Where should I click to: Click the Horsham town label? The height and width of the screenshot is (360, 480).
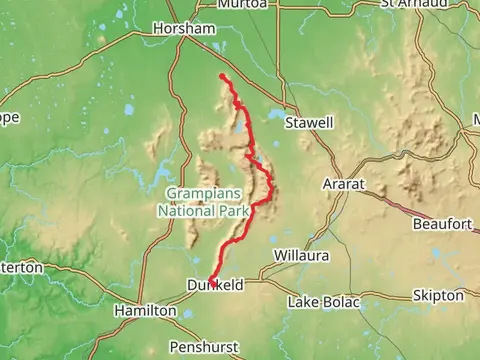pyautogui.click(x=183, y=29)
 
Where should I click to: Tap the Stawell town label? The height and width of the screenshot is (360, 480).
pyautogui.click(x=309, y=122)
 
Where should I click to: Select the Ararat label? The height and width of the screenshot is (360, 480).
pyautogui.click(x=345, y=185)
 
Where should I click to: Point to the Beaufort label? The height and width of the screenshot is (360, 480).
pyautogui.click(x=442, y=224)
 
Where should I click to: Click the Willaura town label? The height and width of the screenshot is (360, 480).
pyautogui.click(x=300, y=256)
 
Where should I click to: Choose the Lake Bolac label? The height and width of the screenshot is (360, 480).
pyautogui.click(x=324, y=301)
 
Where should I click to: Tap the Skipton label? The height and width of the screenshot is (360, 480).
pyautogui.click(x=437, y=296)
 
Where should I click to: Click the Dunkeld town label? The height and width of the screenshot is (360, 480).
pyautogui.click(x=215, y=286)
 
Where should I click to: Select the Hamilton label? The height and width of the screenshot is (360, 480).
pyautogui.click(x=146, y=311)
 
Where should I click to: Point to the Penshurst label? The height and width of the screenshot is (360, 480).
pyautogui.click(x=203, y=347)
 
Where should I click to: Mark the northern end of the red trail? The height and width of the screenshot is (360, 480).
pyautogui.click(x=221, y=76)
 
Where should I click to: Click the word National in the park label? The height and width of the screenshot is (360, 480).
pyautogui.click(x=187, y=211)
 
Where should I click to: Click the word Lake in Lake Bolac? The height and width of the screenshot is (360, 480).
pyautogui.click(x=304, y=301)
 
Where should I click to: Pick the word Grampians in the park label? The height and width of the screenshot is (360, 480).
pyautogui.click(x=203, y=195)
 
